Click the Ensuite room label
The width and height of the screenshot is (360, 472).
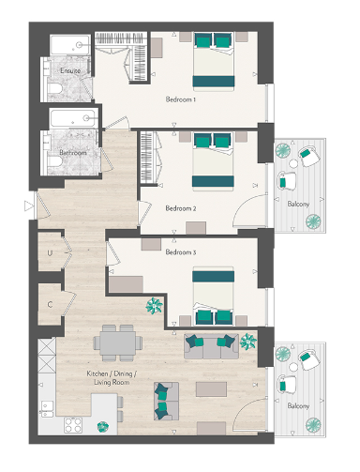(70, 70)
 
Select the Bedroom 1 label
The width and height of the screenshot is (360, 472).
(180, 99)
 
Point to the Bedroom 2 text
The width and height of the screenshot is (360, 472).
(180, 207)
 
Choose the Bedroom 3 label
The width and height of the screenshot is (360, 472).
(180, 251)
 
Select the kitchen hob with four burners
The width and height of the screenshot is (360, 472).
(73, 424)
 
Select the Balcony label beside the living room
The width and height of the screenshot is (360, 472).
(299, 405)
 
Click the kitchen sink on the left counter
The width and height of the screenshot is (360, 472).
(46, 409)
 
